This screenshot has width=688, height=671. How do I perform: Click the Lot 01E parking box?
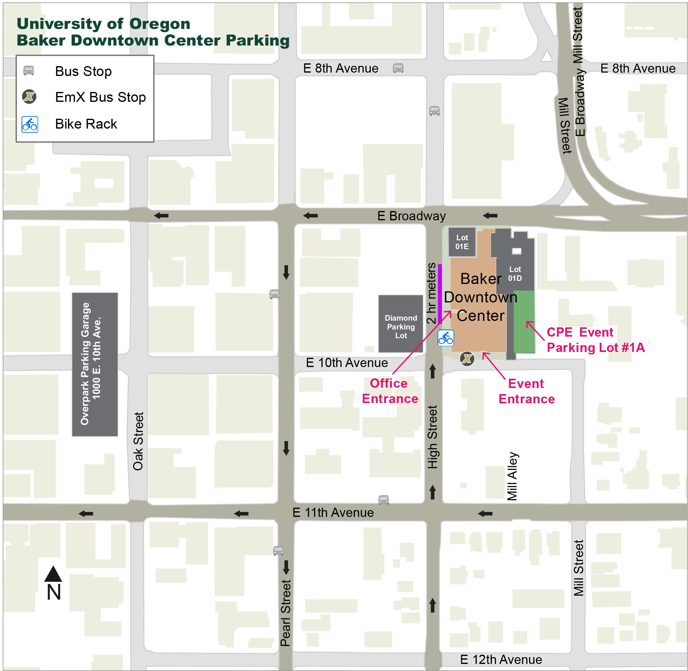[462, 242]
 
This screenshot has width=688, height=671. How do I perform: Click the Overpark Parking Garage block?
[95, 364]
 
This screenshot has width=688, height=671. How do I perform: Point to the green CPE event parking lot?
[524, 322]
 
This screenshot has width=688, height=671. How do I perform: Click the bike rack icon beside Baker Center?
[446, 338]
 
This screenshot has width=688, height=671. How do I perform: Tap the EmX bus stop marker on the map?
[467, 359]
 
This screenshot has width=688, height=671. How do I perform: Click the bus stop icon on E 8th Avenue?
[398, 68]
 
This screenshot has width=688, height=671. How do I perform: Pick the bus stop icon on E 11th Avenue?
[383, 500]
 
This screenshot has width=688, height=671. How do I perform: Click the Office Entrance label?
[390, 391]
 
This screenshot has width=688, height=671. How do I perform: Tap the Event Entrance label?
[526, 391]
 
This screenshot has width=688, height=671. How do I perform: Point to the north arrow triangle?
[53, 574]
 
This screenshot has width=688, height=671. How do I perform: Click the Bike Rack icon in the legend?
[30, 124]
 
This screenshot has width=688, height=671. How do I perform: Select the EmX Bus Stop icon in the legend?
[29, 97]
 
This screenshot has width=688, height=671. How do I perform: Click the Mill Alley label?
[512, 476]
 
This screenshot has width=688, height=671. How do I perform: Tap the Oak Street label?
[138, 441]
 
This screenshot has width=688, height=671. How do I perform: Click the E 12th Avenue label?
[501, 659]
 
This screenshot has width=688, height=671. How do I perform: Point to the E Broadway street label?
[411, 216]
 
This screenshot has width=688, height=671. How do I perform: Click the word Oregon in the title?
[160, 24]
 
